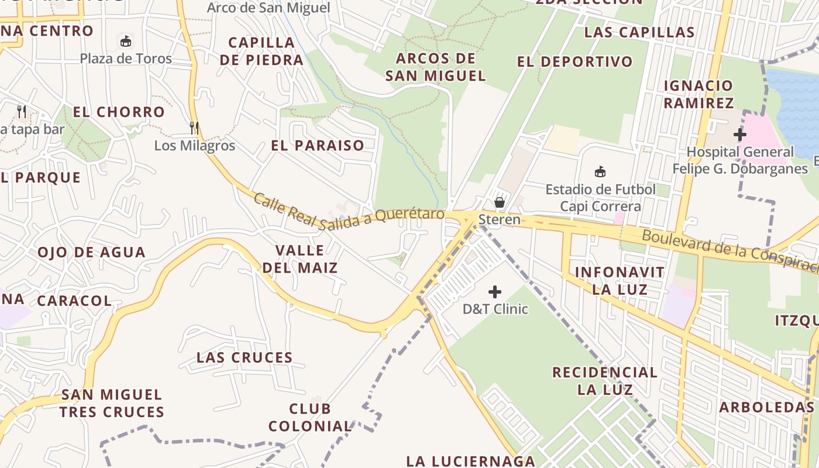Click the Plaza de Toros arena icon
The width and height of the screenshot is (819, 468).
click(x=126, y=42)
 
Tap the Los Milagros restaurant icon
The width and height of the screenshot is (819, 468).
click(x=194, y=128)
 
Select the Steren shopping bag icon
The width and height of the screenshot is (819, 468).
click(x=499, y=202)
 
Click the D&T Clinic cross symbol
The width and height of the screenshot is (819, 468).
click(x=495, y=291)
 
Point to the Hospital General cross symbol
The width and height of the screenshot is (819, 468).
click(x=740, y=135)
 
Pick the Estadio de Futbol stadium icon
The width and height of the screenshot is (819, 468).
click(x=600, y=172)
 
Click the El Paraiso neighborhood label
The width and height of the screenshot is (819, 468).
click(x=318, y=146)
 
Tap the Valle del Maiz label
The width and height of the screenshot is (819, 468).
click(x=300, y=259)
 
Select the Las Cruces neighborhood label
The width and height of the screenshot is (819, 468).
click(x=245, y=357)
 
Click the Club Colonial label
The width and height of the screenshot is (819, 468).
click(x=310, y=417)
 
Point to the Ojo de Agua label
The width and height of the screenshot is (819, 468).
click(x=92, y=253)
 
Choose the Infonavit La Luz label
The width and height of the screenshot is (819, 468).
click(x=620, y=281)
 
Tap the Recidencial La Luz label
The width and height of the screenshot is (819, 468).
click(x=605, y=381)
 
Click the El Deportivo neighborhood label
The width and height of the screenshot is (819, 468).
click(x=575, y=62)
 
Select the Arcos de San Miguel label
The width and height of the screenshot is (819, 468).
click(x=436, y=67)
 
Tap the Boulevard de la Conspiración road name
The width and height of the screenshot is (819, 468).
click(x=728, y=252)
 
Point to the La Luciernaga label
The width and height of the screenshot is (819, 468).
click(x=470, y=461)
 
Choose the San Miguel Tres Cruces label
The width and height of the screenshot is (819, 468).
click(x=112, y=404)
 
